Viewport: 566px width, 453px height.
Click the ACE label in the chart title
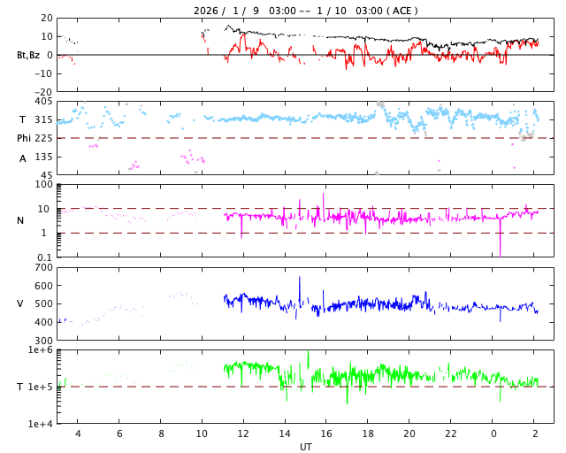(403, 11)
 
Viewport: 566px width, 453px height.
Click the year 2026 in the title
(206, 11)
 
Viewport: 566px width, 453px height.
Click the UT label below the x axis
(305, 447)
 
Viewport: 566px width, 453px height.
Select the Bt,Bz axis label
(29, 55)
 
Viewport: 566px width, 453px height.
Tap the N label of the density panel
(20, 220)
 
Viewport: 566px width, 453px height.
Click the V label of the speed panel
(20, 303)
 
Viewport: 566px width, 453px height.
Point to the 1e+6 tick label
(41, 350)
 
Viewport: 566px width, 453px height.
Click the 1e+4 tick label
(41, 423)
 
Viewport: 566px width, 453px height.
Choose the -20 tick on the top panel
(41, 91)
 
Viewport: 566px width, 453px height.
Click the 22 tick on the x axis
(451, 434)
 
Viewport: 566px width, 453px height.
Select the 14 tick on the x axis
(285, 434)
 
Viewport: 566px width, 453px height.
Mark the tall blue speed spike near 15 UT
(299, 279)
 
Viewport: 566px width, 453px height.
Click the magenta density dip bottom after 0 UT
(500, 254)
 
